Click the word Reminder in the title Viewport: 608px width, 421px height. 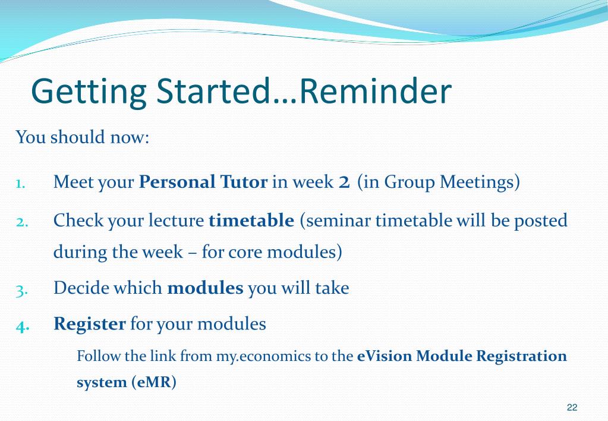[376, 91]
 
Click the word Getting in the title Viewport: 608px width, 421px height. [89, 93]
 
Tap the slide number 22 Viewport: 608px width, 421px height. [572, 407]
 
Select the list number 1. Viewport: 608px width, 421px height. [21, 183]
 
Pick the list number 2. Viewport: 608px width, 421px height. [22, 222]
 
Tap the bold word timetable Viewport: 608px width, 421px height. [251, 220]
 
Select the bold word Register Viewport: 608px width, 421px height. [90, 324]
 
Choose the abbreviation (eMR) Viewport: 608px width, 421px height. [154, 382]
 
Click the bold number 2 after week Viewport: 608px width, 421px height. [344, 182]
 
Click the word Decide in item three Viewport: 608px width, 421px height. [81, 288]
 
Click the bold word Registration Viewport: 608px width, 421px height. [522, 357]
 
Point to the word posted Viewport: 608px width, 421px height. [540, 221]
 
